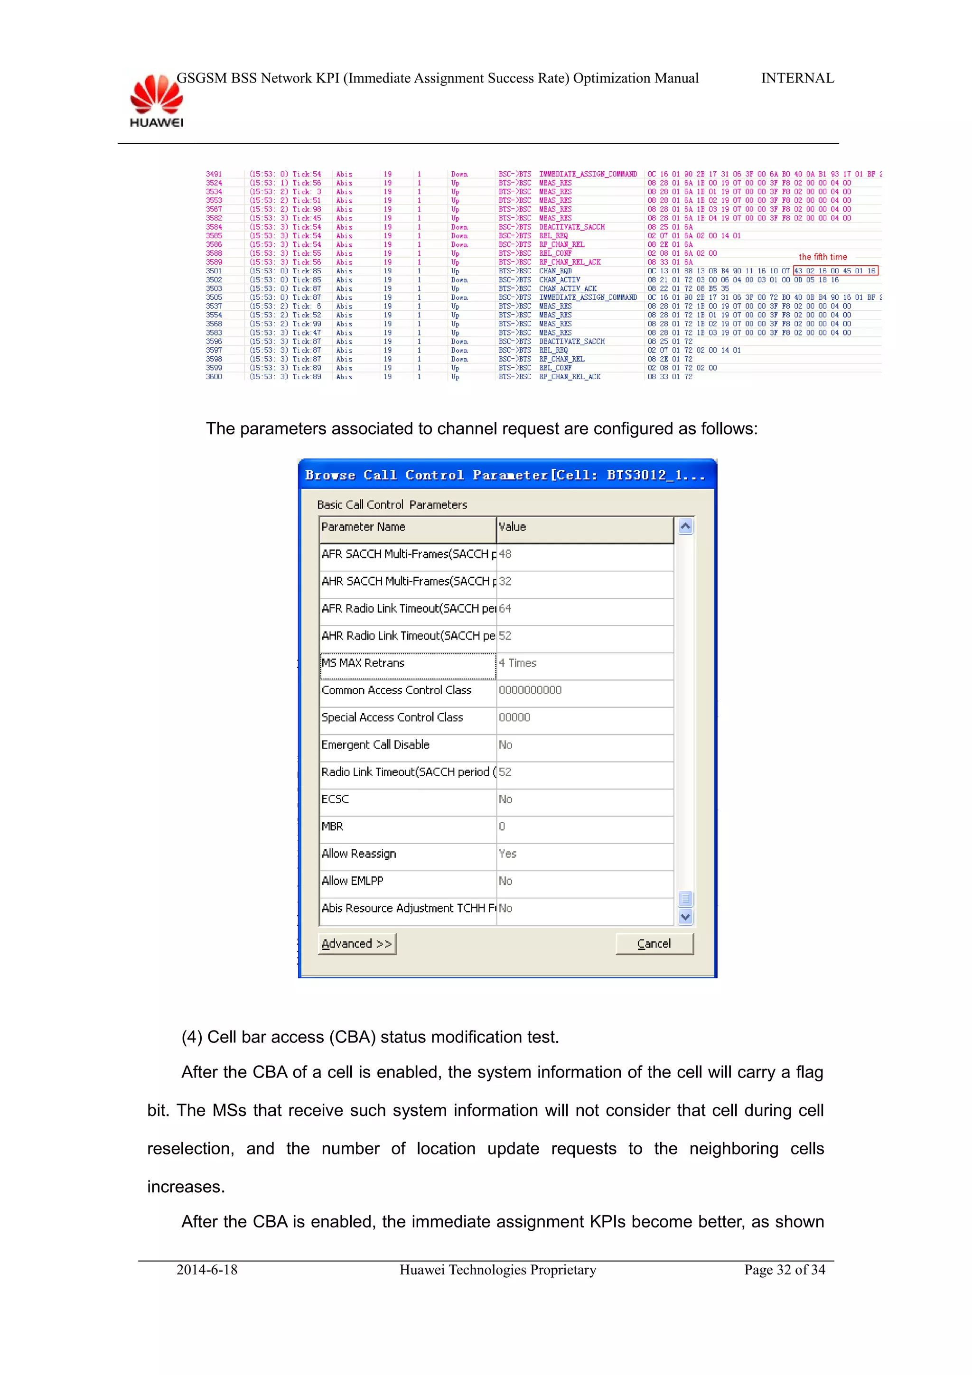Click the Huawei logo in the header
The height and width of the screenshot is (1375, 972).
click(156, 101)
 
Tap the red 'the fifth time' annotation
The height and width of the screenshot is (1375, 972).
click(822, 257)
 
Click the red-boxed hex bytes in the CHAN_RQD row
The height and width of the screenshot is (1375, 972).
click(835, 271)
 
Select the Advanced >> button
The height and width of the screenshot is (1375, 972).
click(357, 944)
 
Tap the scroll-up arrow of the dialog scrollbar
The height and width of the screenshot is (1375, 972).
click(686, 526)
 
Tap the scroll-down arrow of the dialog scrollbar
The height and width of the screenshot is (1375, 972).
click(686, 916)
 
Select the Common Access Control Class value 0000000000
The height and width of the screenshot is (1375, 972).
click(530, 690)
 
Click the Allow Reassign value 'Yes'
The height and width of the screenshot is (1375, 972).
click(507, 854)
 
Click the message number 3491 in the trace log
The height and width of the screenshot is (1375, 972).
click(214, 174)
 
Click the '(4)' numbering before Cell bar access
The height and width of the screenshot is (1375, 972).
click(192, 1037)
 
